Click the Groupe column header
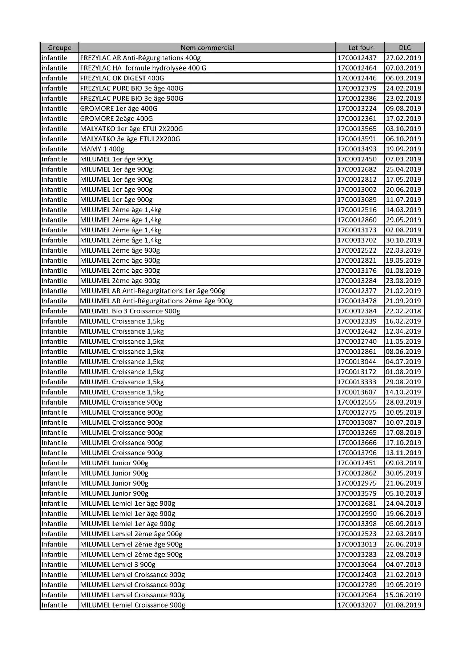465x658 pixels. coord(60,48)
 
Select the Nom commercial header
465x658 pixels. coord(207,48)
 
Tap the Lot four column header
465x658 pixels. coord(360,48)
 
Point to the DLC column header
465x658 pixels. coord(404,48)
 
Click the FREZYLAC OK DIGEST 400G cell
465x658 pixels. coord(122,78)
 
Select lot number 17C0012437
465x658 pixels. coord(357,58)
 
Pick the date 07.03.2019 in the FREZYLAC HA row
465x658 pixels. coord(403,68)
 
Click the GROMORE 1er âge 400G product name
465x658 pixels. coord(118,108)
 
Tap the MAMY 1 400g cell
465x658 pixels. coord(102,149)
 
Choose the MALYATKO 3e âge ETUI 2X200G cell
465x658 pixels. coord(130,139)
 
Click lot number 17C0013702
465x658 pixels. coord(357,240)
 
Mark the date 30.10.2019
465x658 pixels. coord(403,240)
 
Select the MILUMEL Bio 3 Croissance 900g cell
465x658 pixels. coord(130,311)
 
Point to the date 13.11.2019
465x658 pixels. coord(403,453)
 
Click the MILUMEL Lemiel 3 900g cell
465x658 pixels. coord(118,565)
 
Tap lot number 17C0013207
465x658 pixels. coord(357,605)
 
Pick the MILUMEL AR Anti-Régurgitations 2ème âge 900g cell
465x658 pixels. coord(156,301)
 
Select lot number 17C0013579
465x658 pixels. coord(357,493)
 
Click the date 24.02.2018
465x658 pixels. coord(403,88)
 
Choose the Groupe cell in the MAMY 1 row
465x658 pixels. coord(54,149)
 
